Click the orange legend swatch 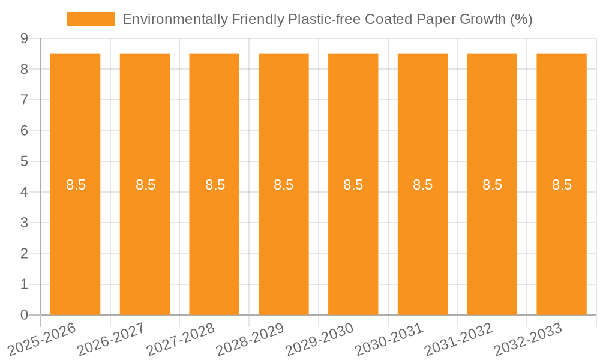(x=91, y=19)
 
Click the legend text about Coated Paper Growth (x=327, y=19)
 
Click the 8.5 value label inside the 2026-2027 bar (x=145, y=185)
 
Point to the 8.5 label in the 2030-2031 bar (x=423, y=185)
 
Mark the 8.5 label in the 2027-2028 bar (x=215, y=185)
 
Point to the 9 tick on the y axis (x=24, y=38)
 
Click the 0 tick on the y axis (x=24, y=315)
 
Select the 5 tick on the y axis (x=24, y=161)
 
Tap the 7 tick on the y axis (x=24, y=100)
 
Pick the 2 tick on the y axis (x=24, y=254)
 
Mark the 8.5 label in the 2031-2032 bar (x=493, y=185)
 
